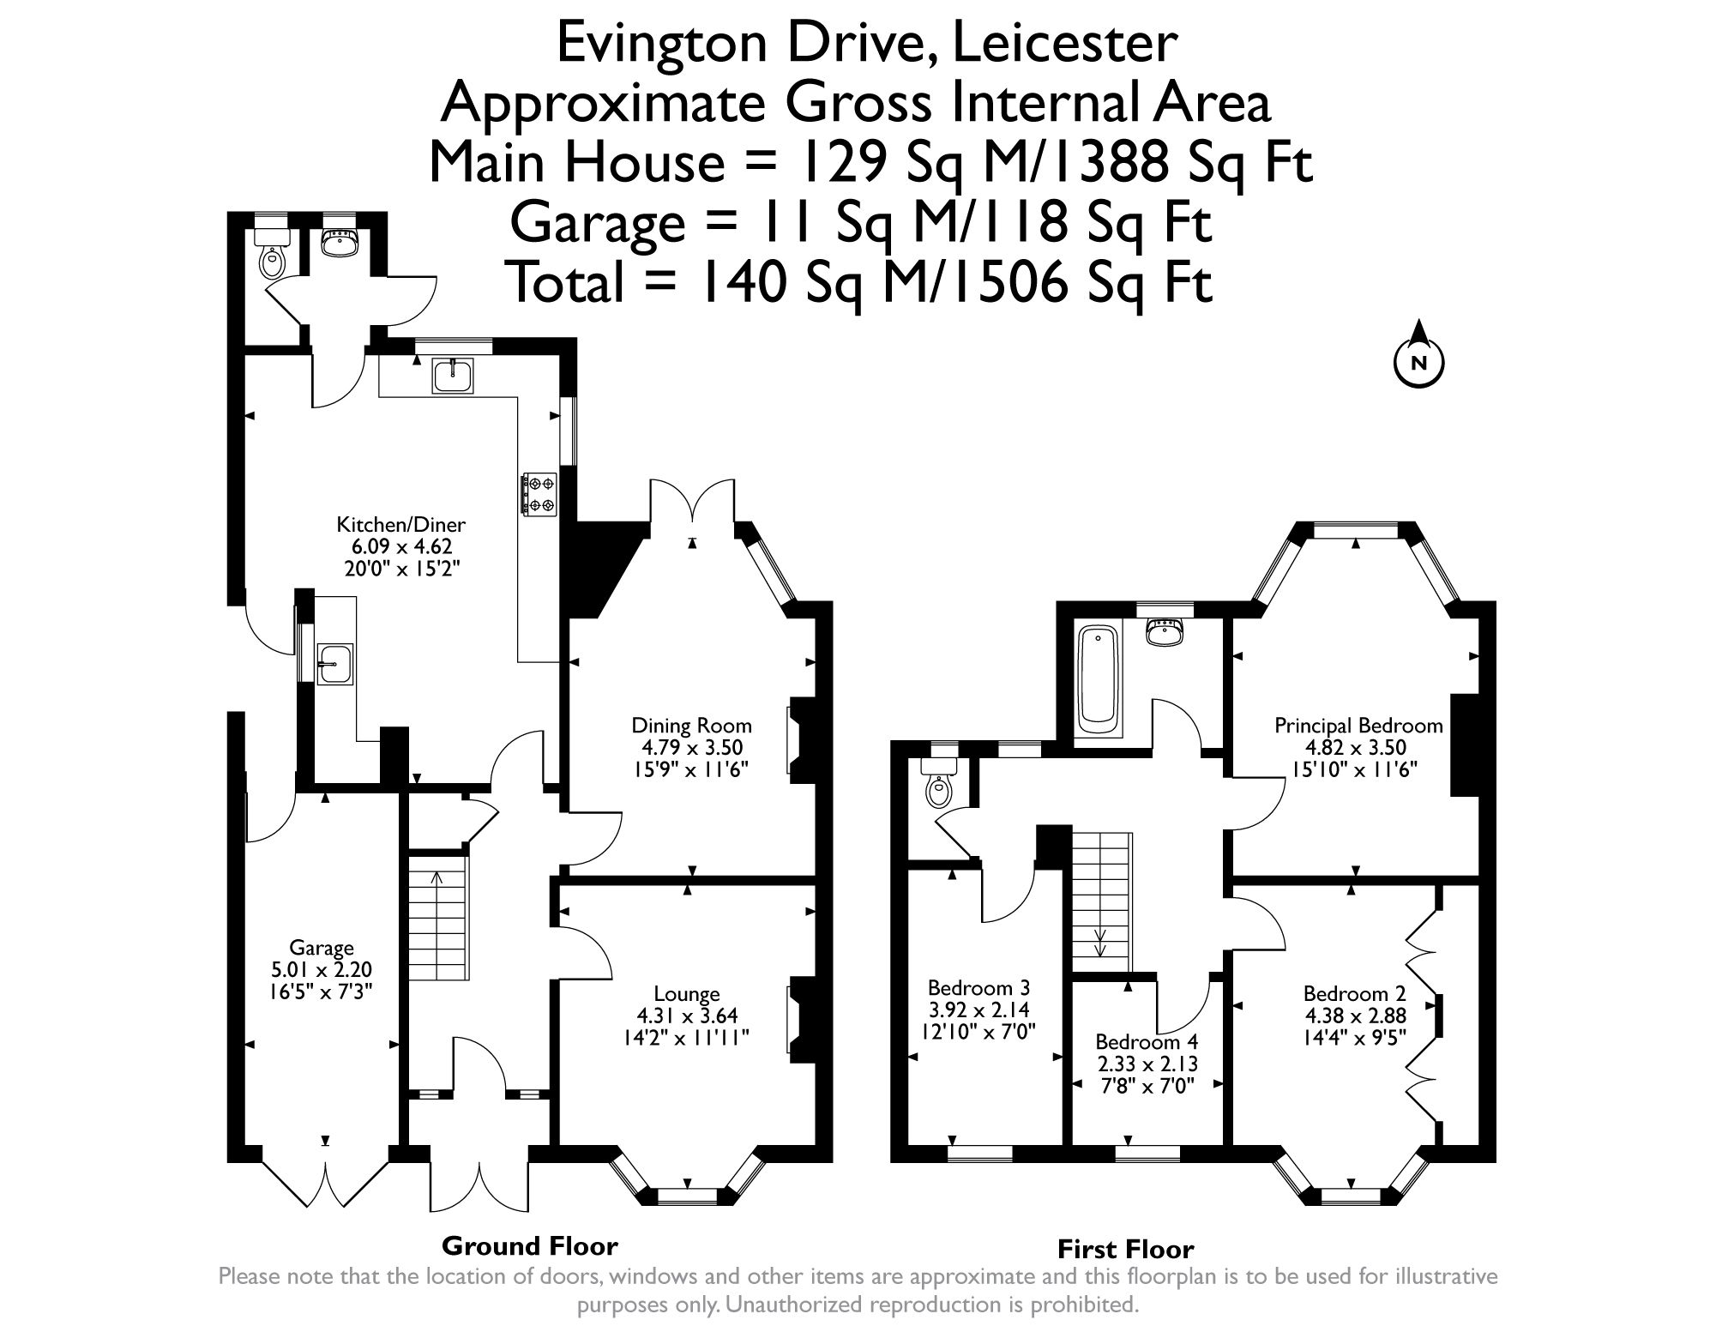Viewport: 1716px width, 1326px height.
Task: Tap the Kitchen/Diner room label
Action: [400, 524]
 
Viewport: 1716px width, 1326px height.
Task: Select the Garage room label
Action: [322, 948]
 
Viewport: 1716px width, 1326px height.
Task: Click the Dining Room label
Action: [691, 725]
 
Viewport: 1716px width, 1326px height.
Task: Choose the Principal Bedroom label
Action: [1358, 726]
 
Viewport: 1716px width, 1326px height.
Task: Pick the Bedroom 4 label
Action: [1147, 1042]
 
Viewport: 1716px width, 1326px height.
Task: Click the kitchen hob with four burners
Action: [539, 495]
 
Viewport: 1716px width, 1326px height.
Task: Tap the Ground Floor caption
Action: [529, 1245]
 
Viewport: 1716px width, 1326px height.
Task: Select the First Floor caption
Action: [1125, 1248]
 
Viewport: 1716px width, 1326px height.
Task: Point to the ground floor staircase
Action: [437, 918]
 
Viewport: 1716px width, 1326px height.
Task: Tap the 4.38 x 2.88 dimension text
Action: [1354, 1016]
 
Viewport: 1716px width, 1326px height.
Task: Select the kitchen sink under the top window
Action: [453, 376]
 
